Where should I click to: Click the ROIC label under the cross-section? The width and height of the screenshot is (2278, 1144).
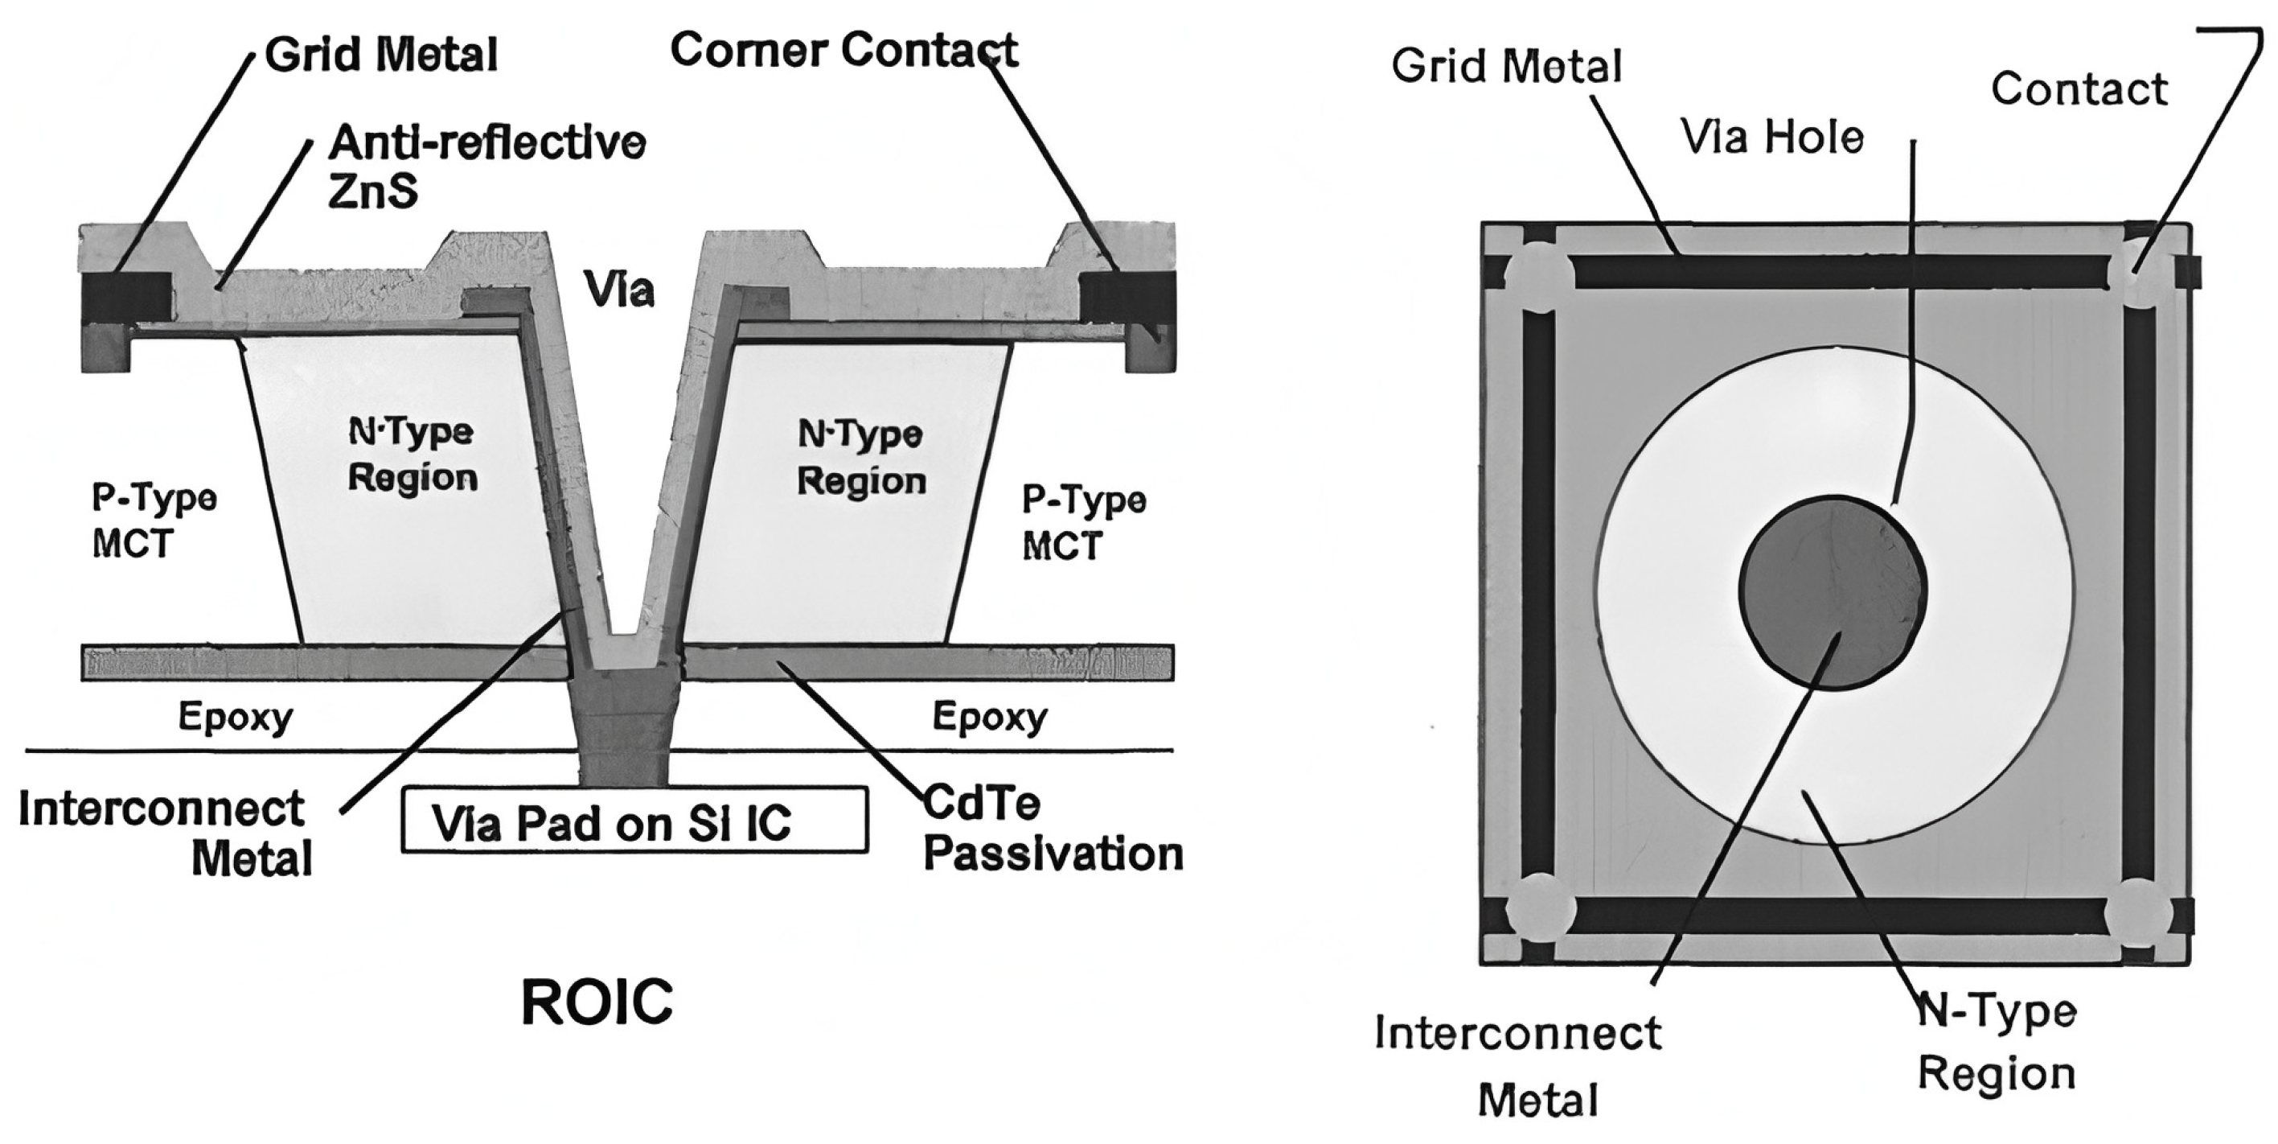click(x=597, y=1002)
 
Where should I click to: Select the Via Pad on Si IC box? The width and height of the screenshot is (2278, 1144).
click(x=634, y=820)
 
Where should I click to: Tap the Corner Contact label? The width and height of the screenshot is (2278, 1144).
click(x=843, y=50)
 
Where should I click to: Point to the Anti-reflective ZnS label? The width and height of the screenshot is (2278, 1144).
click(x=486, y=167)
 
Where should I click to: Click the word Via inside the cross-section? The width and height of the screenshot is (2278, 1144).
click(x=618, y=290)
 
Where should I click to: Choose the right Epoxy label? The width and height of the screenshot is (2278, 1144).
click(x=989, y=716)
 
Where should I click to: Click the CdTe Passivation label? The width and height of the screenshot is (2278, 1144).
click(x=1053, y=829)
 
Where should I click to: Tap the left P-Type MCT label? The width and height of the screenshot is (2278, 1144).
click(x=154, y=521)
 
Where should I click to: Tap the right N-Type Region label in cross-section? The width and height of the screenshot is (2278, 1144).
click(x=861, y=458)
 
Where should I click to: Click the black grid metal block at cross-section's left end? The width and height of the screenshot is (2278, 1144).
click(x=126, y=298)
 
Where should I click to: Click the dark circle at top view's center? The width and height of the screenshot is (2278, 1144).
click(x=1833, y=592)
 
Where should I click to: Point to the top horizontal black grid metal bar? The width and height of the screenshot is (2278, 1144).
click(x=1840, y=273)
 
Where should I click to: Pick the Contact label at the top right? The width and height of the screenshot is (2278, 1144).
click(x=2078, y=89)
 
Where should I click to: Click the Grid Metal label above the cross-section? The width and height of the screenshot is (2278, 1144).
click(x=381, y=55)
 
